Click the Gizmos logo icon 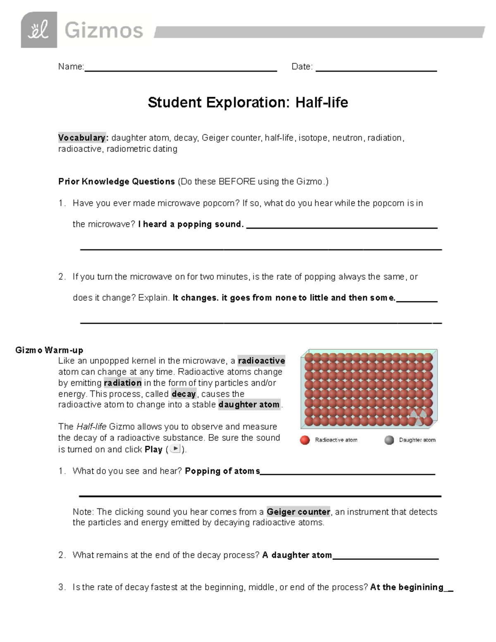(39, 30)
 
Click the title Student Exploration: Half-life (248, 103)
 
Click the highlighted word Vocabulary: (82, 138)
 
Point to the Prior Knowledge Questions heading (117, 181)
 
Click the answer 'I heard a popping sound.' (191, 224)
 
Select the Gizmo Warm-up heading (49, 350)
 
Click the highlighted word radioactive (261, 361)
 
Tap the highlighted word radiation (123, 383)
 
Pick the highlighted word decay (184, 394)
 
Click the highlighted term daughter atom (249, 405)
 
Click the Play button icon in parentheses (176, 449)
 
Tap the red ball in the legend (305, 440)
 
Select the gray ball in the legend (389, 440)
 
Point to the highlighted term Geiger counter (298, 512)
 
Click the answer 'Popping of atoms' (222, 471)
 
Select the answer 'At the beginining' (407, 587)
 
